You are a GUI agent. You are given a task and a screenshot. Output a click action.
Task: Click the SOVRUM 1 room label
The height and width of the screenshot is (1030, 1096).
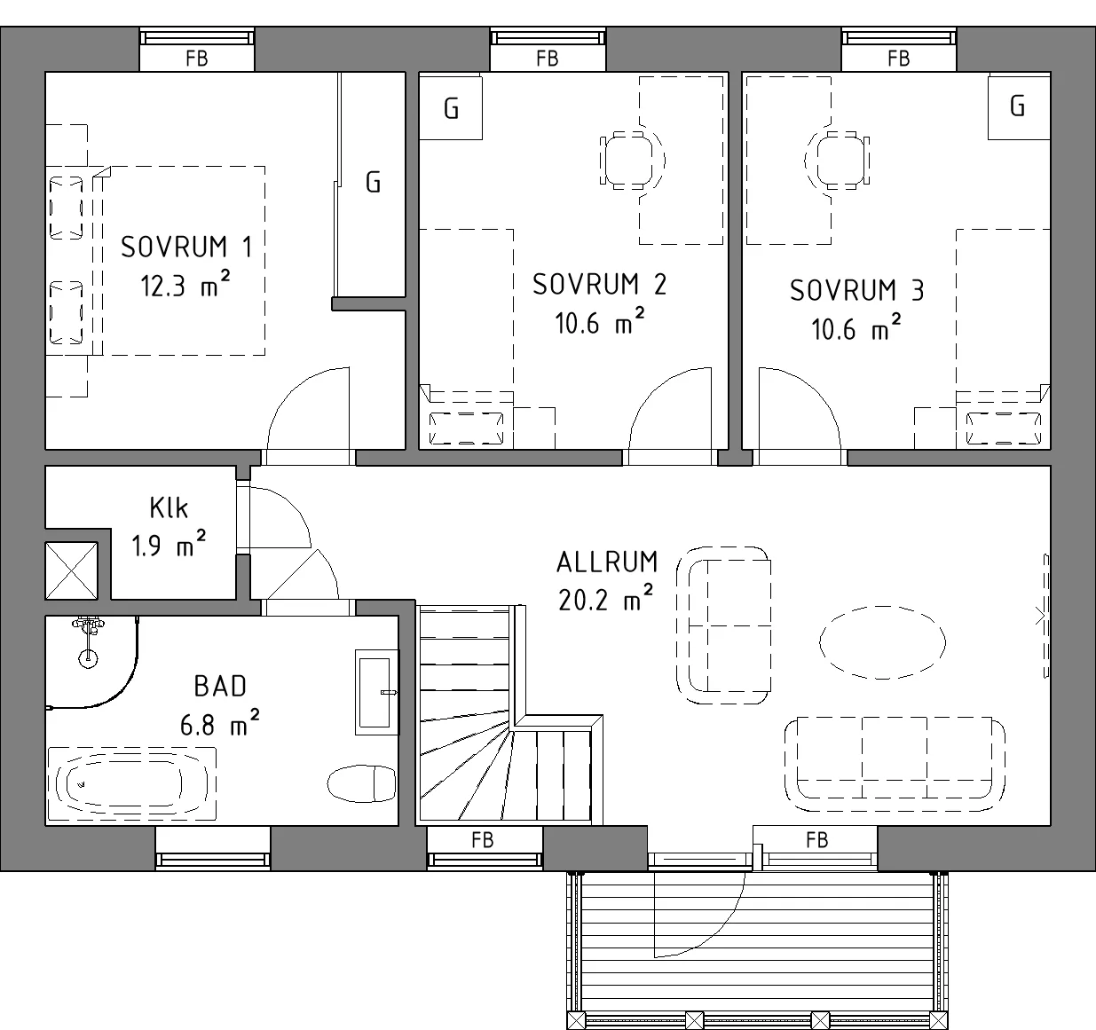point(186,247)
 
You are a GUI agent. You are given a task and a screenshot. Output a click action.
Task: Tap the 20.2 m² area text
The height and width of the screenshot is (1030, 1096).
point(606,599)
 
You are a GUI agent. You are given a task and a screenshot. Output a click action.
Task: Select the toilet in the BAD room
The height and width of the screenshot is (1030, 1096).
point(362,782)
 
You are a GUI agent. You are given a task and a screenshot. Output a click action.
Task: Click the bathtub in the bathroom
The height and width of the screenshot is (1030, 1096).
point(131,783)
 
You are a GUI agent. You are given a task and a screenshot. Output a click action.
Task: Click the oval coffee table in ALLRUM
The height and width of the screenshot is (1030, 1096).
point(882,642)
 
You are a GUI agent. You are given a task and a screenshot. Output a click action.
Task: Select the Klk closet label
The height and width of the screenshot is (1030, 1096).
point(169,507)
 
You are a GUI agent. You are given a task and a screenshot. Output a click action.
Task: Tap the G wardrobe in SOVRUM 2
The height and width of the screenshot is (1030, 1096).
point(450,107)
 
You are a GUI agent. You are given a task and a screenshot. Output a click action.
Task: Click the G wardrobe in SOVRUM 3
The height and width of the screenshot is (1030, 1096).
point(1019,106)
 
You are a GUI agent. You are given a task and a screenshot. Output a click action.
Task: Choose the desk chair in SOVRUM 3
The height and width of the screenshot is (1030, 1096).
point(837,161)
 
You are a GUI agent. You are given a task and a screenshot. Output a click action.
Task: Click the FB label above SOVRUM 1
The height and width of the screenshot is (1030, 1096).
point(196,59)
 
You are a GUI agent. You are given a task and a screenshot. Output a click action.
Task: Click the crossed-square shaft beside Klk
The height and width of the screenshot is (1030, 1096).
point(72,570)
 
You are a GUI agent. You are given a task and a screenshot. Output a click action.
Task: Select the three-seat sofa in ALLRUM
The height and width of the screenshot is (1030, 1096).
point(895,764)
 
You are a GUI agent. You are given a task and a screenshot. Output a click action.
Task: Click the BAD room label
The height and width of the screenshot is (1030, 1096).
point(220,687)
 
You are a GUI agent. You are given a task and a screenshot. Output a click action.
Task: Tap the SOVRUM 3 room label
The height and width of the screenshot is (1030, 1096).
point(856,290)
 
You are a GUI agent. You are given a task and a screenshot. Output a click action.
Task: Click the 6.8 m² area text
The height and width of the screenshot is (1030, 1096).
point(219,724)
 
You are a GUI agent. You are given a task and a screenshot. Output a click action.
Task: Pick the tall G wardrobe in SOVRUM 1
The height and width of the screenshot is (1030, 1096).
point(373,185)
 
